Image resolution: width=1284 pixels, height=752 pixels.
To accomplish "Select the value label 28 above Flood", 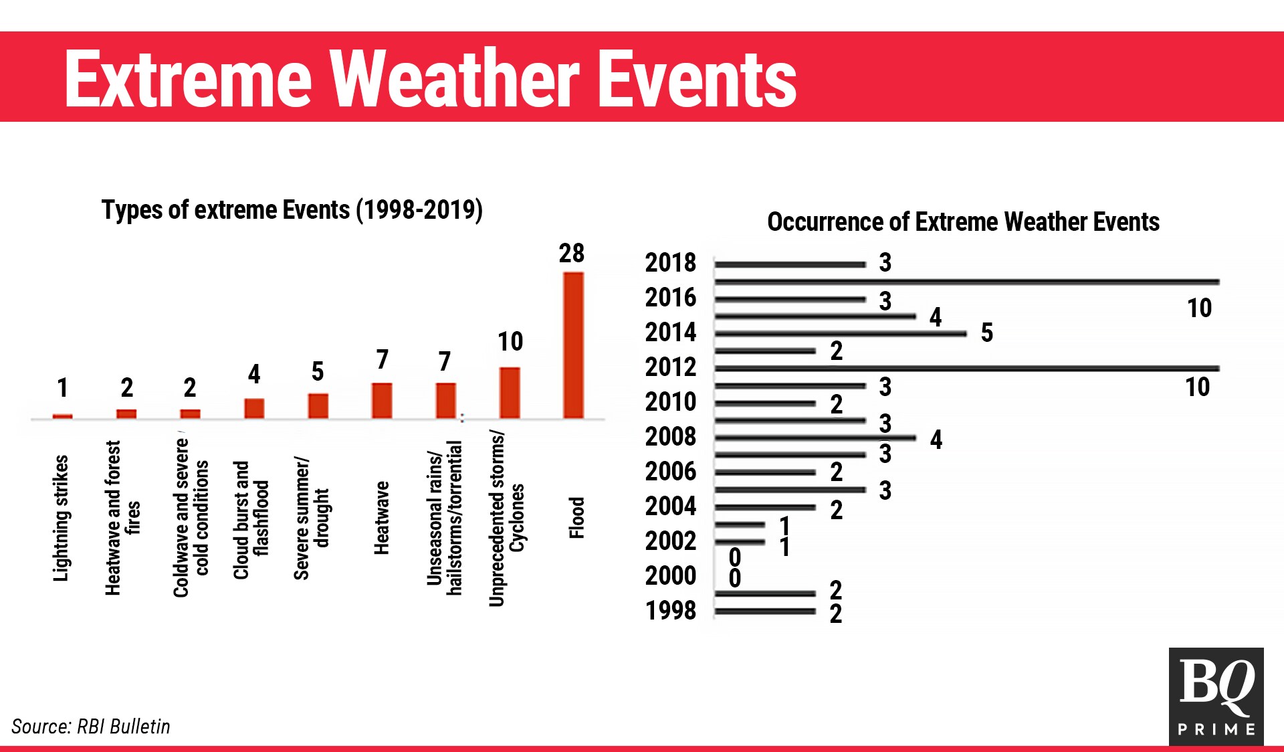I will point(571,254).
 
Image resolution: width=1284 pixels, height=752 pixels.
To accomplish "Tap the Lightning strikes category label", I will point(61,518).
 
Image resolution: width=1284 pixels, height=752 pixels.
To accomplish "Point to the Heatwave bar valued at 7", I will point(382,400).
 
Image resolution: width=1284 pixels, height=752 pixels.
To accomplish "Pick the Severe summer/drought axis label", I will point(311,519).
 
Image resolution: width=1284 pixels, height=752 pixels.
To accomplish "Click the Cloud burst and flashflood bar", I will point(254,408).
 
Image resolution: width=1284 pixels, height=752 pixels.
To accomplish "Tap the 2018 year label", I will point(670,263).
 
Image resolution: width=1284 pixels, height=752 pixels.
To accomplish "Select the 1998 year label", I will point(670,611).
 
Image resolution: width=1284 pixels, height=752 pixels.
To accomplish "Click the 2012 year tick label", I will point(670,367).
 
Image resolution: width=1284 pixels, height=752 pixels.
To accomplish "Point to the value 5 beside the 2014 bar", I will point(986,333).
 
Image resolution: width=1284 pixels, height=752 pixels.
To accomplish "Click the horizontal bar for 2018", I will point(790,265).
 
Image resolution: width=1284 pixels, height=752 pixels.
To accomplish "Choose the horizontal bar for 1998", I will point(765,611).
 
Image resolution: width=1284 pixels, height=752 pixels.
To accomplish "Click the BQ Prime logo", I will point(1216,696).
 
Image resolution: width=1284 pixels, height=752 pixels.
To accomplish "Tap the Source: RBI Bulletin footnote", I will point(91,727).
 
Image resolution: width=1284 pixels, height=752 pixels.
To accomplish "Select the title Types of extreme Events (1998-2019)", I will point(292,210).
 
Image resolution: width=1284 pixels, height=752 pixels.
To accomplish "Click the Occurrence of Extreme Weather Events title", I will point(963,222).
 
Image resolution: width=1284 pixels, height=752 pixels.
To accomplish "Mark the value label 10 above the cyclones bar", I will point(510,342).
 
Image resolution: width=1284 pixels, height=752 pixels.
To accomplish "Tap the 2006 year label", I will point(670,472).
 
